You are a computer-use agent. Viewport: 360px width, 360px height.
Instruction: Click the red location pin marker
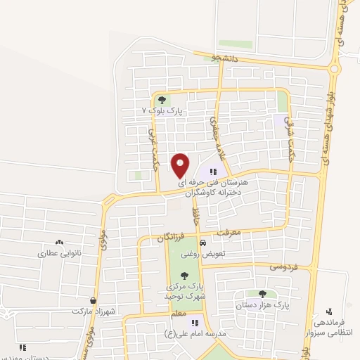pos(181,165)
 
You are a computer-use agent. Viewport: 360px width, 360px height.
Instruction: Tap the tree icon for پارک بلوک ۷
pos(163,101)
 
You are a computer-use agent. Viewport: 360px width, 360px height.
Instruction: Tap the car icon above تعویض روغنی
pos(203,243)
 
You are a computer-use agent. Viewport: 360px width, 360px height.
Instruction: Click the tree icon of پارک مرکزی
pos(184,276)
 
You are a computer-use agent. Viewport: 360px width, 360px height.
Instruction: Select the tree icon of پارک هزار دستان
pos(262,294)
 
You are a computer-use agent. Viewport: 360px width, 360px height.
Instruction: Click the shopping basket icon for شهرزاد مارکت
pos(93,300)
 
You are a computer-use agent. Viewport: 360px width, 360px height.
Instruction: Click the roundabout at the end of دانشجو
pos(333,69)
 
